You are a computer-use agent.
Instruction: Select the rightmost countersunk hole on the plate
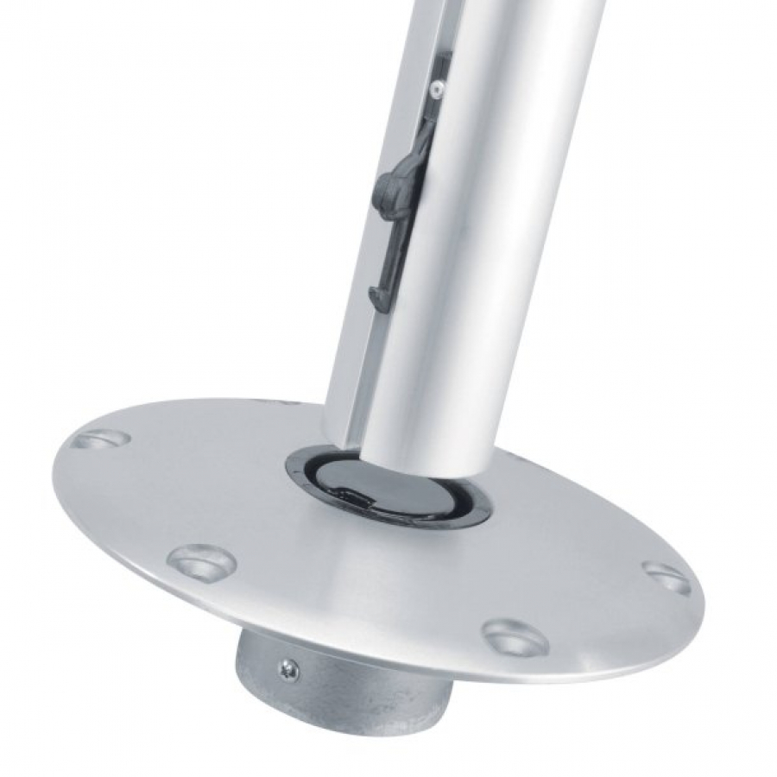click(666, 578)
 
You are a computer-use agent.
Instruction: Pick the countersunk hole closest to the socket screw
click(202, 563)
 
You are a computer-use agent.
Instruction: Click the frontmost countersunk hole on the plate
click(515, 637)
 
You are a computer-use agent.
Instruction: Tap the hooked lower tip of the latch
click(377, 299)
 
